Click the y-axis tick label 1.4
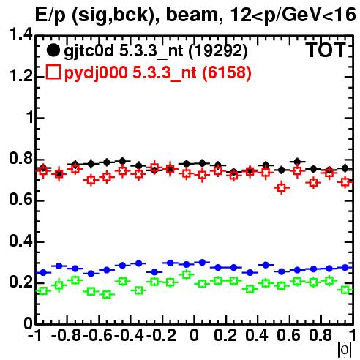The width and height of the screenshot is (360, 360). pos(20,34)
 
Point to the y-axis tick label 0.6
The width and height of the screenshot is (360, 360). pos(20,200)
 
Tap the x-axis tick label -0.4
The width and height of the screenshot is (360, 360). pos(130,335)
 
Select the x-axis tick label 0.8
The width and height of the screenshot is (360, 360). pos(320,335)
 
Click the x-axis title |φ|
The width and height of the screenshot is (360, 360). pos(345,350)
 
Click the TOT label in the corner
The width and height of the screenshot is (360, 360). pos(326,50)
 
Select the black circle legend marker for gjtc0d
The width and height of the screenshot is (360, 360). pos(53,50)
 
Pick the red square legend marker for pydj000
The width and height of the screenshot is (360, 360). pos(53,72)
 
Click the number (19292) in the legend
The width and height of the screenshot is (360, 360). pos(218,51)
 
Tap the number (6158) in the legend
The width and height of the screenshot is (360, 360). pos(227,72)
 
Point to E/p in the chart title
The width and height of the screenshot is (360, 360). pos(50,15)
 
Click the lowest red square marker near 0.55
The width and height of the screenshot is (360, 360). pos(282,188)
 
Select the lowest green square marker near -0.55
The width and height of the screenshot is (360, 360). pos(107,294)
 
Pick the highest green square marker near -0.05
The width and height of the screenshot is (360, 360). pos(187,274)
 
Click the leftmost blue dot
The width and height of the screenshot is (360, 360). pos(43,272)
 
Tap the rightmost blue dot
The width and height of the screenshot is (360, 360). pos(345,268)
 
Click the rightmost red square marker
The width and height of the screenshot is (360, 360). pos(345,182)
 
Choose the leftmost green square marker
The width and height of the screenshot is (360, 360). pos(43,290)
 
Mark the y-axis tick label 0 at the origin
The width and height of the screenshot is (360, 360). pos(28,323)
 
